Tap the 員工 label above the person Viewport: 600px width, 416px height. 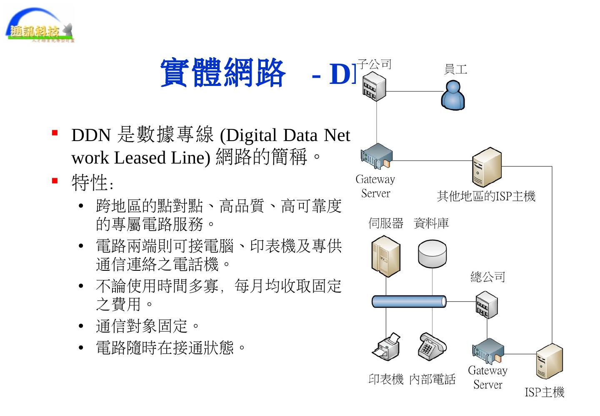(455, 69)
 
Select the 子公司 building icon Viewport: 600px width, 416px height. (374, 86)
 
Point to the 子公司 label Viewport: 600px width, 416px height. (374, 64)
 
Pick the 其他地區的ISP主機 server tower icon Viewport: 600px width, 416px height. (486, 166)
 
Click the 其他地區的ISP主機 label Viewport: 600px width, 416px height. (486, 196)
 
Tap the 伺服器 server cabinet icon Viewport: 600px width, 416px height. (385, 256)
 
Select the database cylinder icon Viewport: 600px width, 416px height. (432, 254)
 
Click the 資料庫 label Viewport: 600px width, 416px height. (431, 224)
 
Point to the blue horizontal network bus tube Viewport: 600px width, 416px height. (409, 301)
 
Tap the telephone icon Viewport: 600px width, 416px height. (432, 346)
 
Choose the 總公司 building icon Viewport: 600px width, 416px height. (486, 305)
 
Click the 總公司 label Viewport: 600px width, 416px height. (487, 277)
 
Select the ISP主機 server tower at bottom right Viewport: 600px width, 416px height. (549, 361)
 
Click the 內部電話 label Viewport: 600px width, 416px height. (432, 379)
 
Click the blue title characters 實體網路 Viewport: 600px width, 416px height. (223, 73)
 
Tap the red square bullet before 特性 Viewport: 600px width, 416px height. (55, 181)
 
